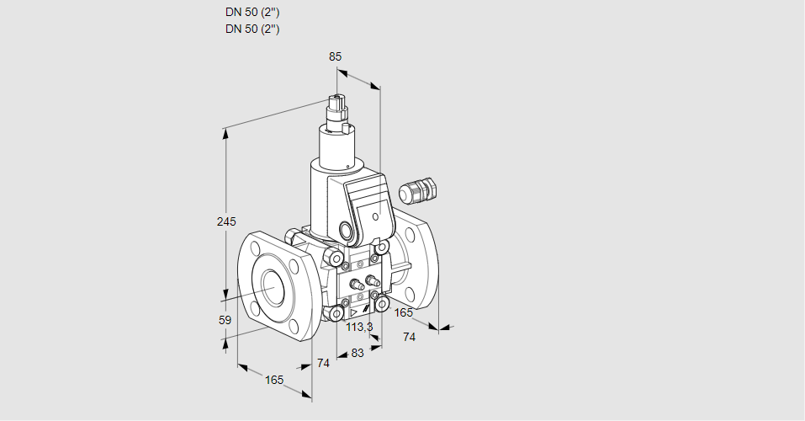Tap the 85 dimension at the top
coord(335,56)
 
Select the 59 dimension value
coord(225,320)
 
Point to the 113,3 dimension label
coord(359,327)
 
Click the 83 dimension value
coord(357,353)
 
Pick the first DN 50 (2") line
coord(252,13)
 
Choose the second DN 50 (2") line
coord(252,29)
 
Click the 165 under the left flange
coord(274,380)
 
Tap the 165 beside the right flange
coord(404,312)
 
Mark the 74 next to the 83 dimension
coord(323,363)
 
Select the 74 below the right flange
coord(409,337)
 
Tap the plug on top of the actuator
coord(340,110)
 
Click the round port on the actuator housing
coord(346,230)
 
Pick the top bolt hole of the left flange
coord(254,248)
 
